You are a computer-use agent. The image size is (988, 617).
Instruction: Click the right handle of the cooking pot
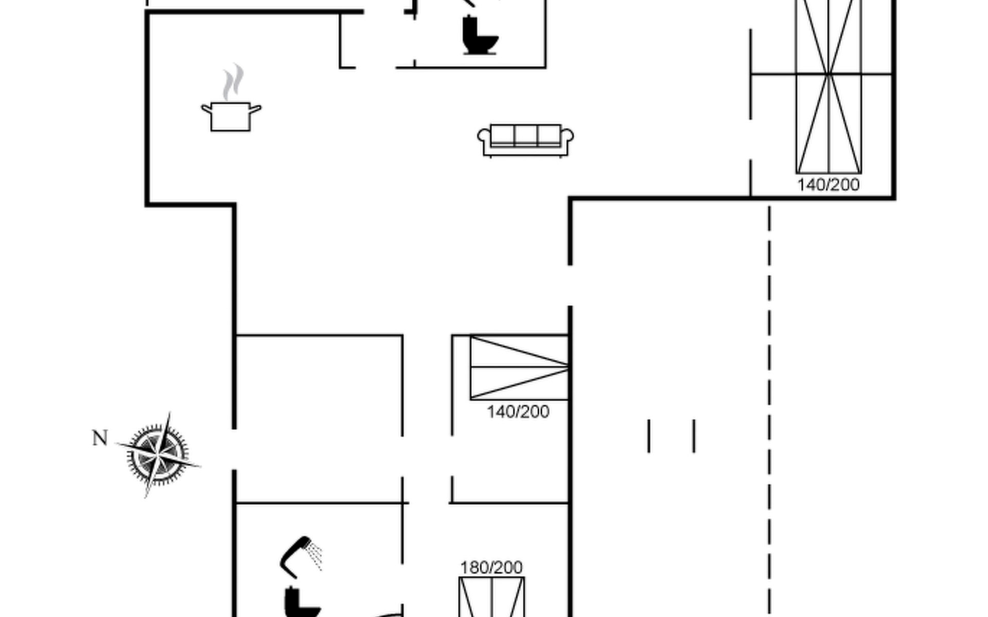(255, 108)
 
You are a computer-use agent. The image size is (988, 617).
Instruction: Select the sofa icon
(525, 140)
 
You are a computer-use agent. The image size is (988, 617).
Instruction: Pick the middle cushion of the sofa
(525, 135)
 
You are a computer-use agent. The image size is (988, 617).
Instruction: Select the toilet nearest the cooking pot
(480, 35)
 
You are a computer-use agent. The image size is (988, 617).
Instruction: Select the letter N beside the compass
(100, 438)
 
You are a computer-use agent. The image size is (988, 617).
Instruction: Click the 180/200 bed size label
(491, 568)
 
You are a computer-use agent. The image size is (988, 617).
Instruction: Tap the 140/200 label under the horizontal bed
(518, 412)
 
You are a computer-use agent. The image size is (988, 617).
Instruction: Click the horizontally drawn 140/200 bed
(519, 368)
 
